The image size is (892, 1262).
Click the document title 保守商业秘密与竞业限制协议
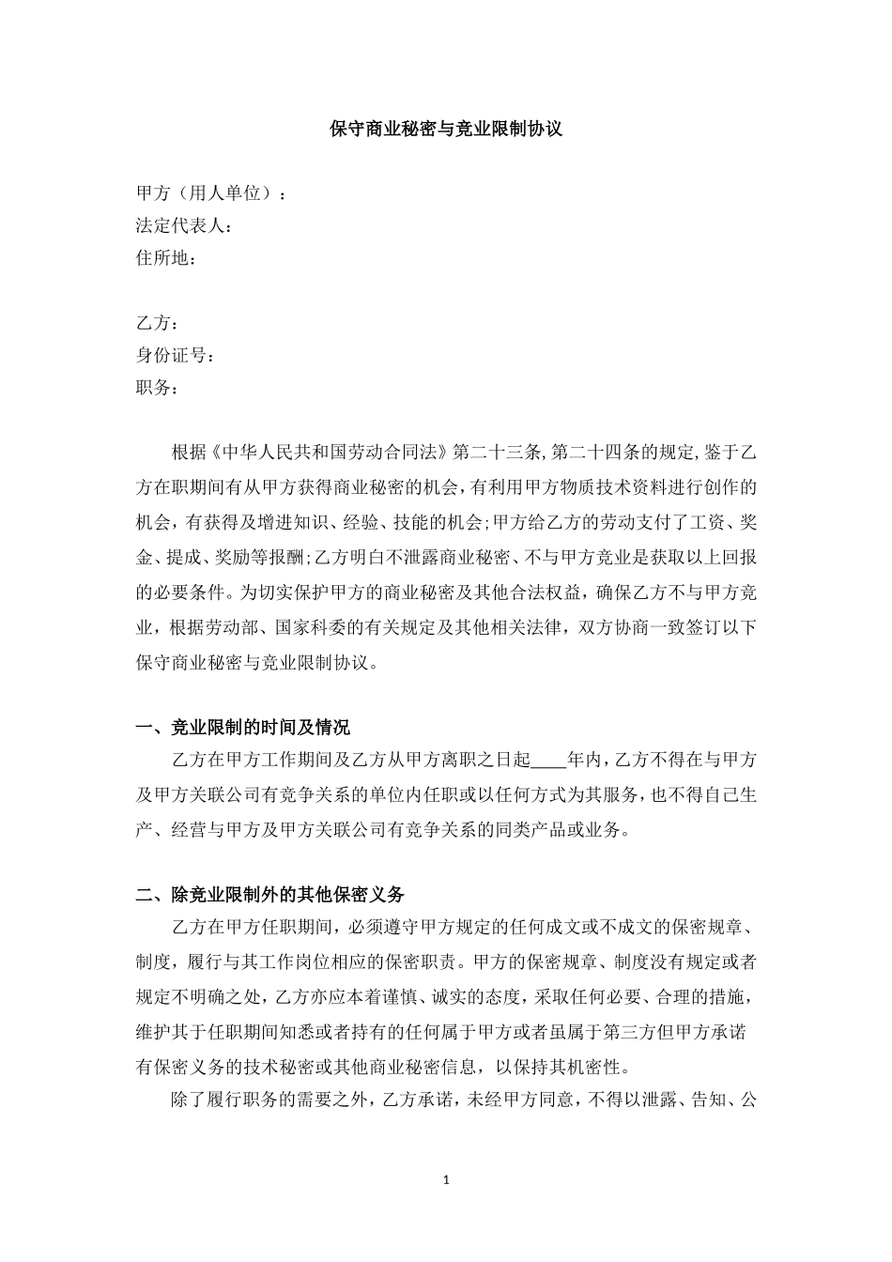446,129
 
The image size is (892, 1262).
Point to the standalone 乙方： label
157,323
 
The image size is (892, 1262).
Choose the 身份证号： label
176,355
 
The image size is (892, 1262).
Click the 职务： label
157,387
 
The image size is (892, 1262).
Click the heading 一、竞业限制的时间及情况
243,727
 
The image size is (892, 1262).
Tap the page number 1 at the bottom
446,1179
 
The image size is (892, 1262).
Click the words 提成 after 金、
183,557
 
